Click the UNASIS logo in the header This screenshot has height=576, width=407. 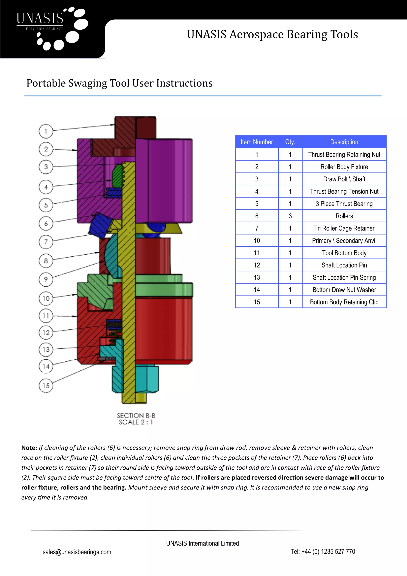tap(52, 29)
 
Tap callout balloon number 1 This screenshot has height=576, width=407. tap(46, 131)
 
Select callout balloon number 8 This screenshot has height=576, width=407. tap(46, 261)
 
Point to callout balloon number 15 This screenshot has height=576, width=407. tap(46, 385)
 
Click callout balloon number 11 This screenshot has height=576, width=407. tap(46, 316)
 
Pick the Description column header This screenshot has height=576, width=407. tap(344, 142)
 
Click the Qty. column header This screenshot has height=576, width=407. tap(290, 142)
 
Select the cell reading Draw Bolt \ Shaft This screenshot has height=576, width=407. tap(344, 179)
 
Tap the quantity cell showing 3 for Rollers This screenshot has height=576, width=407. tap(290, 216)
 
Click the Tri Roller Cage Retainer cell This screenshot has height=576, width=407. tap(344, 228)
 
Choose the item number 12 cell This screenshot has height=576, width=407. tap(257, 265)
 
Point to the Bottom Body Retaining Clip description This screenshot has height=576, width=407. tap(344, 302)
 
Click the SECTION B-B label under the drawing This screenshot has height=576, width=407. tap(136, 415)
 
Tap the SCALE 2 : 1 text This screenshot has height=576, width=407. tap(136, 422)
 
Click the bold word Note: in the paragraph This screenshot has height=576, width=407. tap(29, 448)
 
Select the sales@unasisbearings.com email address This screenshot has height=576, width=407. tap(77, 552)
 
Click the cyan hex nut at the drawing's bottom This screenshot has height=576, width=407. tap(147, 379)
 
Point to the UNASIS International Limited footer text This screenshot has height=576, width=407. tap(202, 543)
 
